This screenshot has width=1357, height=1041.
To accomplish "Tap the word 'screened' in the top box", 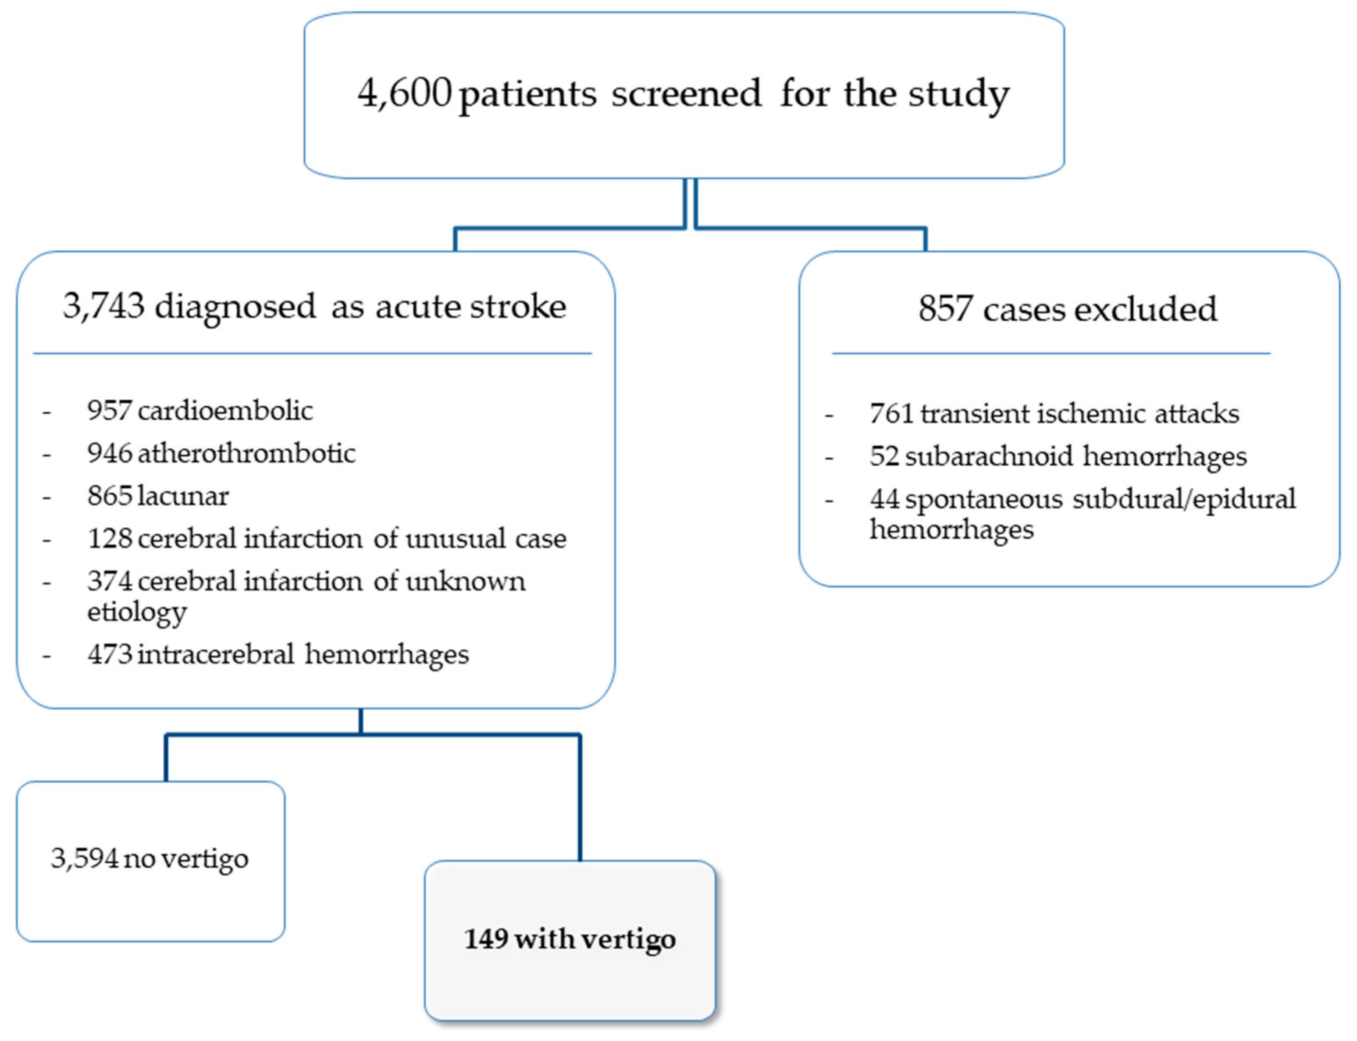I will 686,94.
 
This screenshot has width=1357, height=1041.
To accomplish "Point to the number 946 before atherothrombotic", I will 110,454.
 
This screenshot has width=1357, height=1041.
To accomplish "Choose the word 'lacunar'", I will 184,496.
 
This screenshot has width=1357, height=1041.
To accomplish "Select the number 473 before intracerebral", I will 110,654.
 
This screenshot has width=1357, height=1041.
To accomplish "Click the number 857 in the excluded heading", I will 945,308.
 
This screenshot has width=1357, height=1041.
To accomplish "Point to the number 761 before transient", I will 891,413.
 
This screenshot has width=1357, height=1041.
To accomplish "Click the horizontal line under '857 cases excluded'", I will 1051,353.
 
